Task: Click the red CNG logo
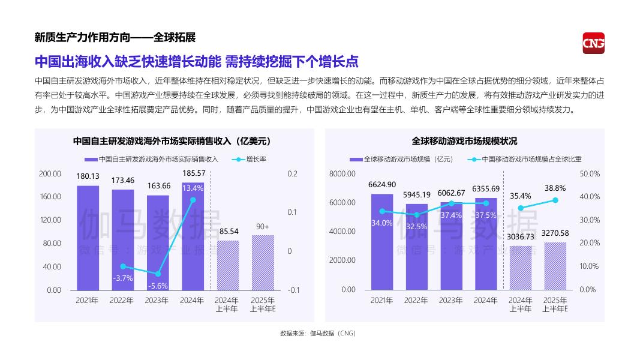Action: click(593, 43)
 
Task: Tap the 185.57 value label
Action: click(193, 173)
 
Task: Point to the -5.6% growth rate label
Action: click(158, 286)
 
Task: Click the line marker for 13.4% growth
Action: click(193, 200)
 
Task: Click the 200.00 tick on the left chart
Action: click(50, 173)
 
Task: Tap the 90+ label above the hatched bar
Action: click(262, 226)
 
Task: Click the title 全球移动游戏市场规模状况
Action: click(464, 141)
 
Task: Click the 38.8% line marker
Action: click(555, 200)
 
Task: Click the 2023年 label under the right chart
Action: click(451, 300)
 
